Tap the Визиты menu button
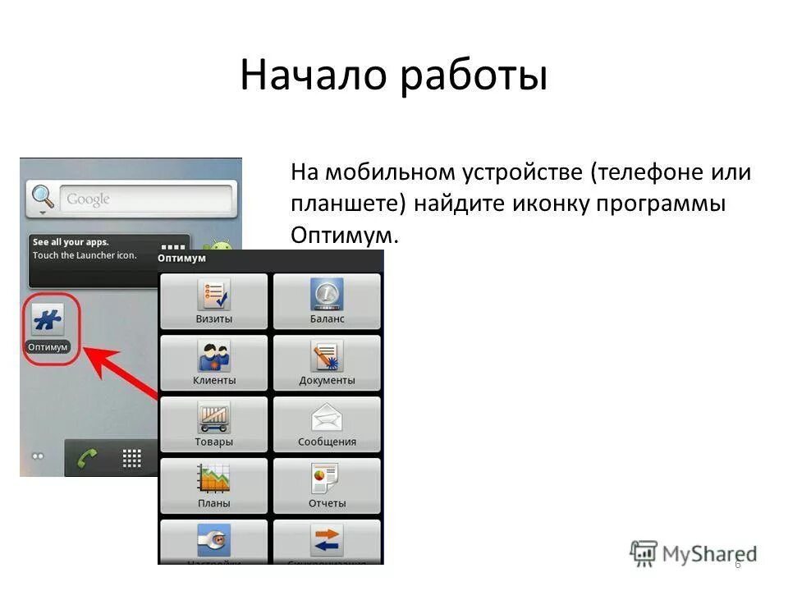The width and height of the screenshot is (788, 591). tap(213, 301)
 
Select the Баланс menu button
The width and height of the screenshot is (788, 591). tap(327, 301)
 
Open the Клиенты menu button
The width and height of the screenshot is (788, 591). tap(213, 363)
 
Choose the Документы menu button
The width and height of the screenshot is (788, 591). tap(327, 363)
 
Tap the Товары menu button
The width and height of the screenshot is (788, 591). tap(213, 424)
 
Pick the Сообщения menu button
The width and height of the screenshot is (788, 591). tap(327, 424)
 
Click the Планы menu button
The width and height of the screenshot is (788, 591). tap(213, 486)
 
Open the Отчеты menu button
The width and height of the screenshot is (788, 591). tap(327, 486)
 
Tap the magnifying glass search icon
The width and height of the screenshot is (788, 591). tap(42, 198)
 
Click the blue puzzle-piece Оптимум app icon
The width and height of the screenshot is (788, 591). tap(48, 321)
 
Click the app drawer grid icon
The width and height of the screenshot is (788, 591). tap(132, 458)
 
